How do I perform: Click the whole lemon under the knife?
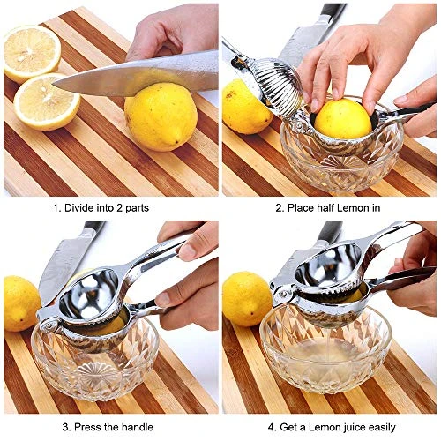[x=160, y=116]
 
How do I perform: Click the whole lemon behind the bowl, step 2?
[x=246, y=107]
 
